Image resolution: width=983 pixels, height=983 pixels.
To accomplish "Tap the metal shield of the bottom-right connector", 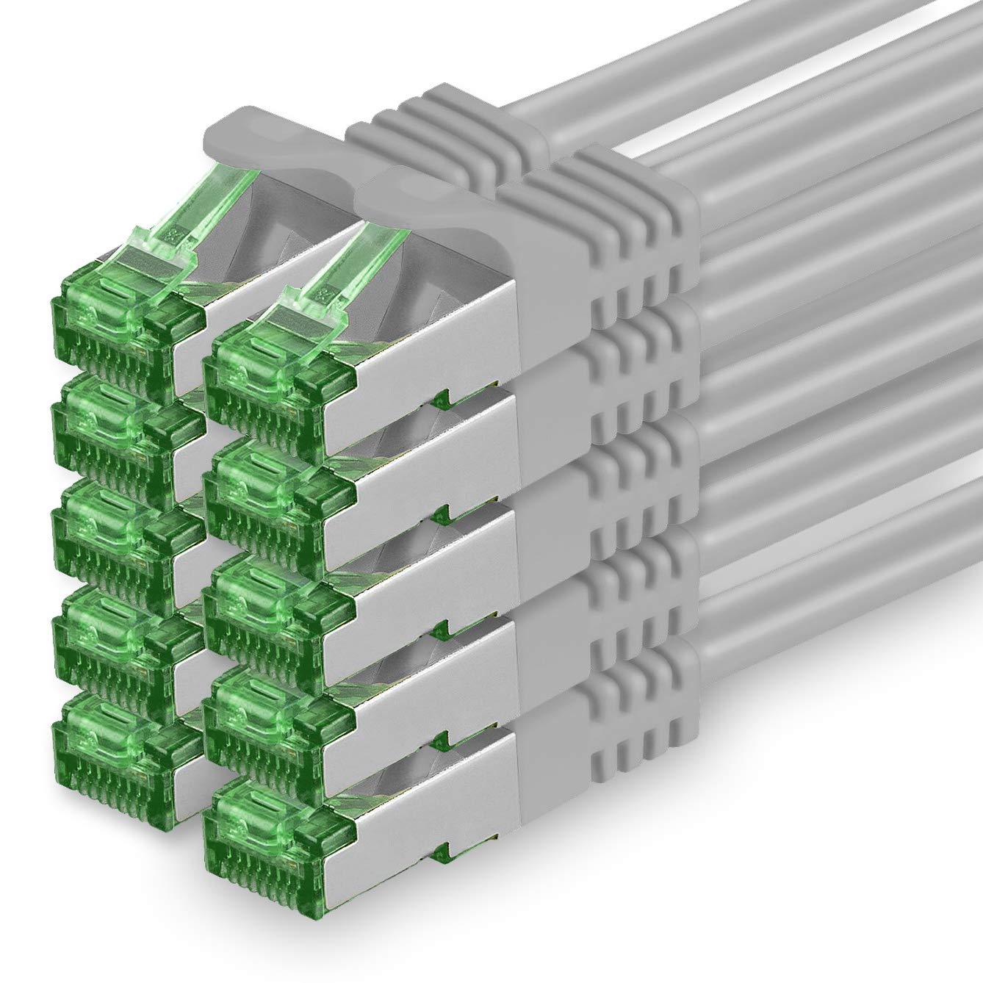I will [433, 801].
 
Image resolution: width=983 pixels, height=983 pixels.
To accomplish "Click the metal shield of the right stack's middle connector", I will [433, 569].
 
